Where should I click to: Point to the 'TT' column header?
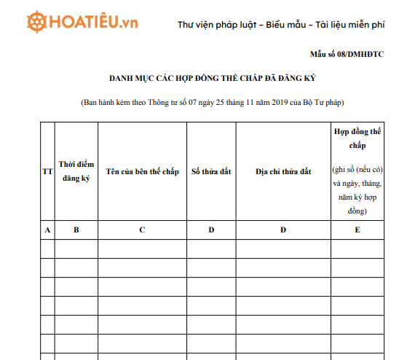coord(47,171)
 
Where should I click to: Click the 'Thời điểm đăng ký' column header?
coord(76,171)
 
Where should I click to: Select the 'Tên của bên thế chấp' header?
coord(142,171)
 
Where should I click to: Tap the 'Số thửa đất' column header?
coord(211,171)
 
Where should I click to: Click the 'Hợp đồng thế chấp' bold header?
coord(357,138)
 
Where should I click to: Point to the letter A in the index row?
coord(47,230)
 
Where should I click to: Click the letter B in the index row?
coord(76,230)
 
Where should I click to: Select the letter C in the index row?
coord(142,230)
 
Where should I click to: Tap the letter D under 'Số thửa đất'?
coord(211,230)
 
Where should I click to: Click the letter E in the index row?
coord(357,230)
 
